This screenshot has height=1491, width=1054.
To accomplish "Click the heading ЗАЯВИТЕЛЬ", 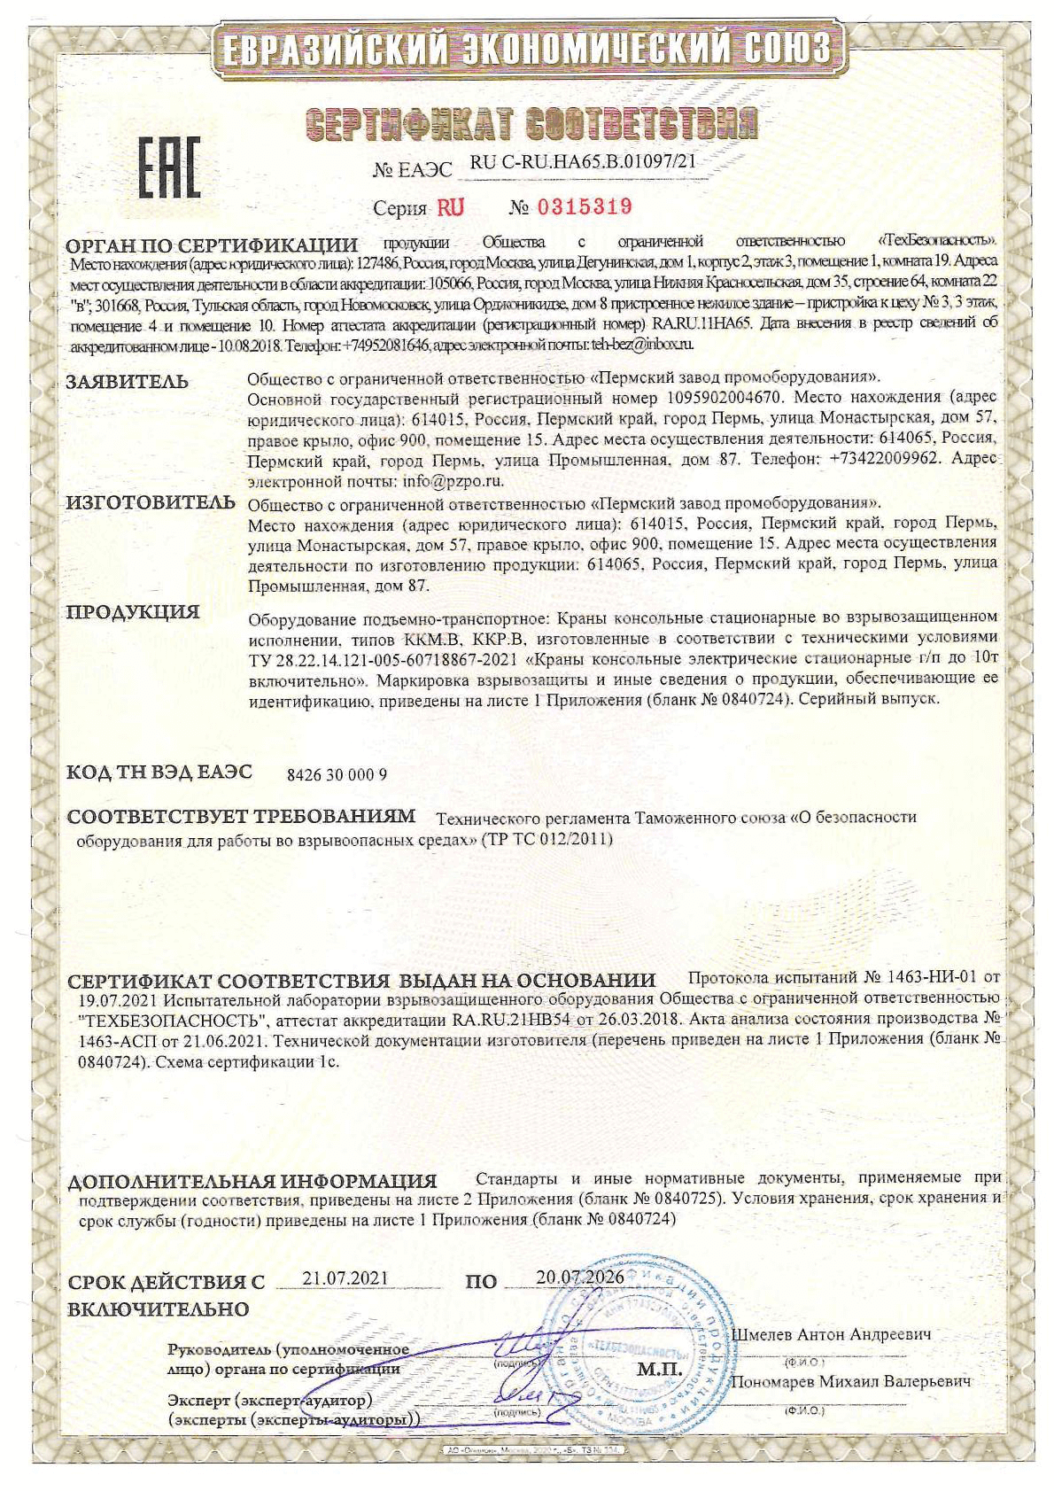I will tap(128, 382).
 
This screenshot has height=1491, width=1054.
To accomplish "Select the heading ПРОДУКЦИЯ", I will tap(134, 612).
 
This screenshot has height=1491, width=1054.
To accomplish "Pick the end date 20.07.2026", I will tap(580, 1277).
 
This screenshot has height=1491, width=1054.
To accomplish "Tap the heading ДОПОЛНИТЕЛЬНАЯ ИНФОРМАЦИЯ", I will tap(253, 1182).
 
